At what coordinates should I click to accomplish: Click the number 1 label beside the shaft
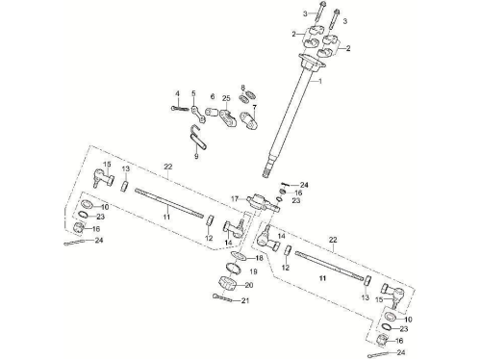319,82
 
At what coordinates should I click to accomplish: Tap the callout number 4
177,93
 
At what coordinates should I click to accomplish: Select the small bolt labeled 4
180,109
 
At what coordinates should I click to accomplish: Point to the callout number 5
193,93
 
